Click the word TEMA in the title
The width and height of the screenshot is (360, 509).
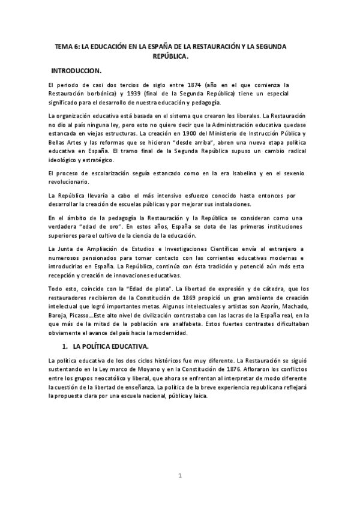[x=63, y=46]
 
